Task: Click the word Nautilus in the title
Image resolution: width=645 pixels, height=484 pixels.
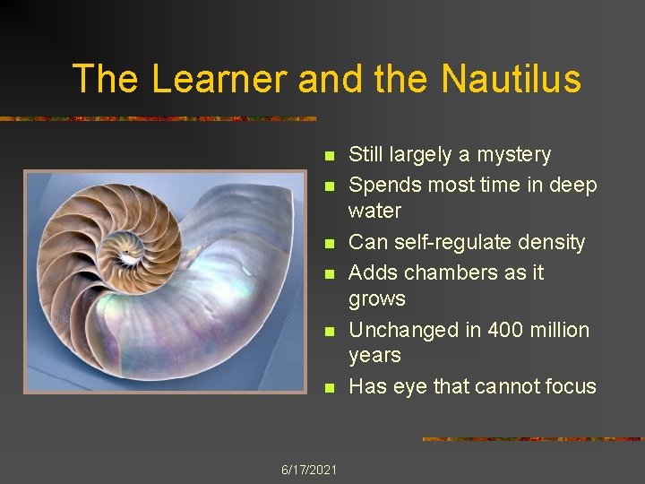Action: point(511,79)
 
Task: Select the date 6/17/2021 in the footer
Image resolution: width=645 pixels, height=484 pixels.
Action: point(309,470)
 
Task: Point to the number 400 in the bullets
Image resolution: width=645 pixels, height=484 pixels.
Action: point(509,330)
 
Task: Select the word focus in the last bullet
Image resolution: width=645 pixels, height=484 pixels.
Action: point(568,386)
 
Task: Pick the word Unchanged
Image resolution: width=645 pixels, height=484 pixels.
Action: point(402,330)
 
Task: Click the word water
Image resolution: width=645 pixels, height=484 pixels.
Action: point(374,212)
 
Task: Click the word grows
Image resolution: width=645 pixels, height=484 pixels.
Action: point(376,299)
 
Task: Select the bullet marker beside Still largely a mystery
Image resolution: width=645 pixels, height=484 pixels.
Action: point(328,156)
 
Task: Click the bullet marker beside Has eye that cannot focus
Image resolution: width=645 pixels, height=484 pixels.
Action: point(328,388)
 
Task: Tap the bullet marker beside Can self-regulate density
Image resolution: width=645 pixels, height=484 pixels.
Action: point(328,243)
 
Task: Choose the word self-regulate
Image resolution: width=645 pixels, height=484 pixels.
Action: point(449,242)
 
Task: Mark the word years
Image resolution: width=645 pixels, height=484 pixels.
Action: point(374,355)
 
